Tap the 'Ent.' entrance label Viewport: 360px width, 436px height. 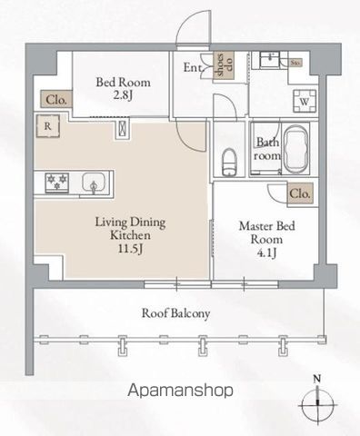[194, 66]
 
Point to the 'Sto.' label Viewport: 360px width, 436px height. [295, 64]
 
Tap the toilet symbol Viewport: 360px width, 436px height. [227, 163]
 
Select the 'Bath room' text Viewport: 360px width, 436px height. [267, 149]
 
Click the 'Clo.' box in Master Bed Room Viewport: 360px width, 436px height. [299, 193]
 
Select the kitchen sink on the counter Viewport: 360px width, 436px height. [93, 184]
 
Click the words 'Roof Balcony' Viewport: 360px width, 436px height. [176, 314]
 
